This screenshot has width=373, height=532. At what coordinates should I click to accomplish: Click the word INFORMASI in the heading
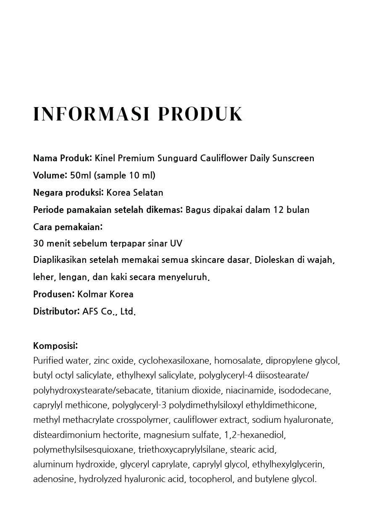tap(90, 114)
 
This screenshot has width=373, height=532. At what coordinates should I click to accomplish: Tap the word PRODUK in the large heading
tap(200, 114)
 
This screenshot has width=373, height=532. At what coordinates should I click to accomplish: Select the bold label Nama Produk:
tap(63, 158)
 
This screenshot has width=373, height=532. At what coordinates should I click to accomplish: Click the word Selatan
tap(148, 193)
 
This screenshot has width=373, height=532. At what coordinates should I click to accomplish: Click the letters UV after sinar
tap(176, 244)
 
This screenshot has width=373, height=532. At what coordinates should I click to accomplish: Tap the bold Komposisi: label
tap(55, 346)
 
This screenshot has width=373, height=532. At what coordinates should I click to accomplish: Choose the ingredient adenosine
tap(54, 479)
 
